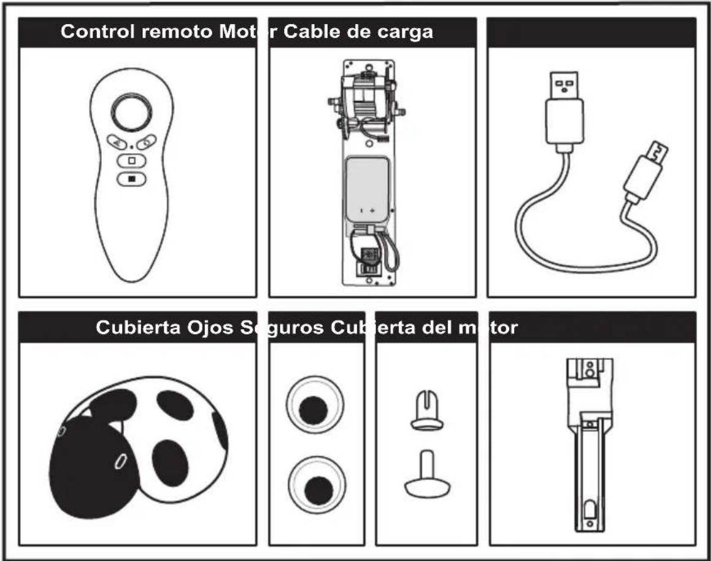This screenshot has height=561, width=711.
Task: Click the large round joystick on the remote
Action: [131, 112]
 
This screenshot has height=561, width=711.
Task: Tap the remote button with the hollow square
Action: [131, 161]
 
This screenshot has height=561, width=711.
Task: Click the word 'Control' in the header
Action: [98, 32]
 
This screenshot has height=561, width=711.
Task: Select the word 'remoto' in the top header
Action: [177, 32]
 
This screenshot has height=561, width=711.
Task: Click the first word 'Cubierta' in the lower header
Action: [138, 327]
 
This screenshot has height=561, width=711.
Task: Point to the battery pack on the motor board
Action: [367, 189]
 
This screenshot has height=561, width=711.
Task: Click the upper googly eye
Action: [314, 405]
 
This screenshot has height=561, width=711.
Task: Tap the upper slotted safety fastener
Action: [427, 411]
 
